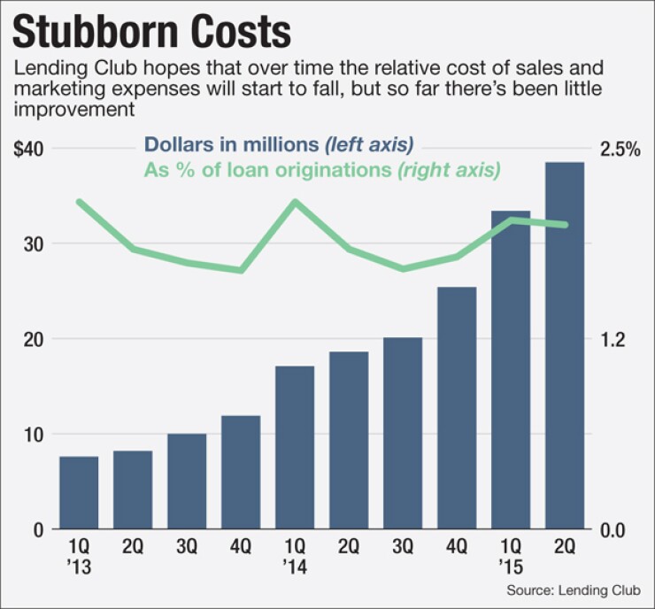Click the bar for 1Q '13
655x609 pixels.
tap(79, 493)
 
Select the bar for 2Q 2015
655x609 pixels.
tap(565, 346)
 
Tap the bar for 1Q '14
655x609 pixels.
tap(296, 447)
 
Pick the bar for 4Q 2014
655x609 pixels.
tap(457, 408)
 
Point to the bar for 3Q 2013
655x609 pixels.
tap(187, 482)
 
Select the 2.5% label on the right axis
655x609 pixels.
tap(620, 149)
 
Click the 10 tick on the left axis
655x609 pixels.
tap(33, 435)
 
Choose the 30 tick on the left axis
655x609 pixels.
tap(33, 244)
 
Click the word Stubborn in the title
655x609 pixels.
tap(100, 32)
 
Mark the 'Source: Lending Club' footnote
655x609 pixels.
tap(580, 590)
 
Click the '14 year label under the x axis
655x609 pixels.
tap(296, 566)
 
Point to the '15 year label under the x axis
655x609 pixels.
tap(511, 566)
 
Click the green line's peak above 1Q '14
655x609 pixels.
tap(296, 202)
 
